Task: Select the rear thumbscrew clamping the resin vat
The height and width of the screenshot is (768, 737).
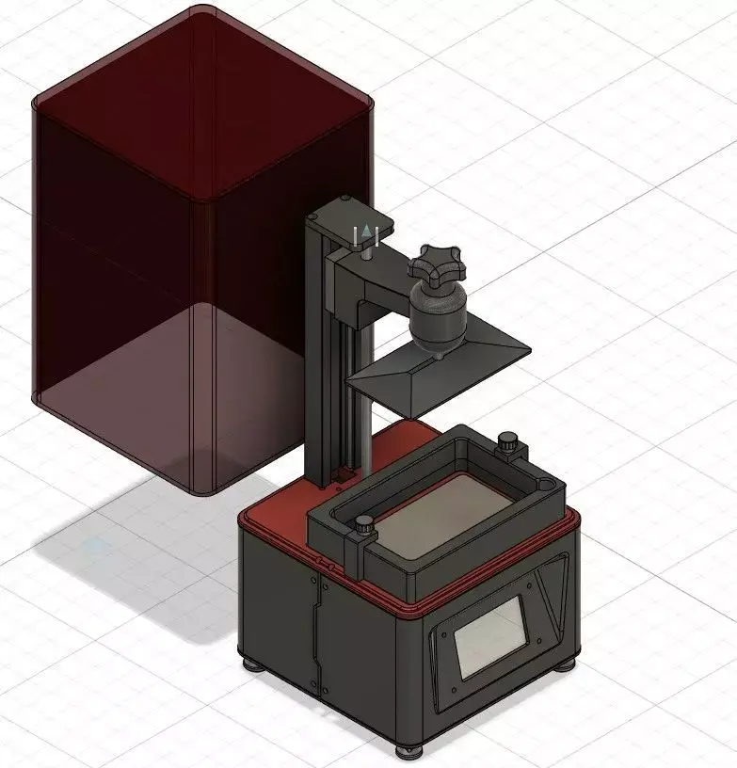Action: pyautogui.click(x=509, y=441)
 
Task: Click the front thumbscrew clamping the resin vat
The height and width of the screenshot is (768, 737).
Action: pyautogui.click(x=362, y=534)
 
